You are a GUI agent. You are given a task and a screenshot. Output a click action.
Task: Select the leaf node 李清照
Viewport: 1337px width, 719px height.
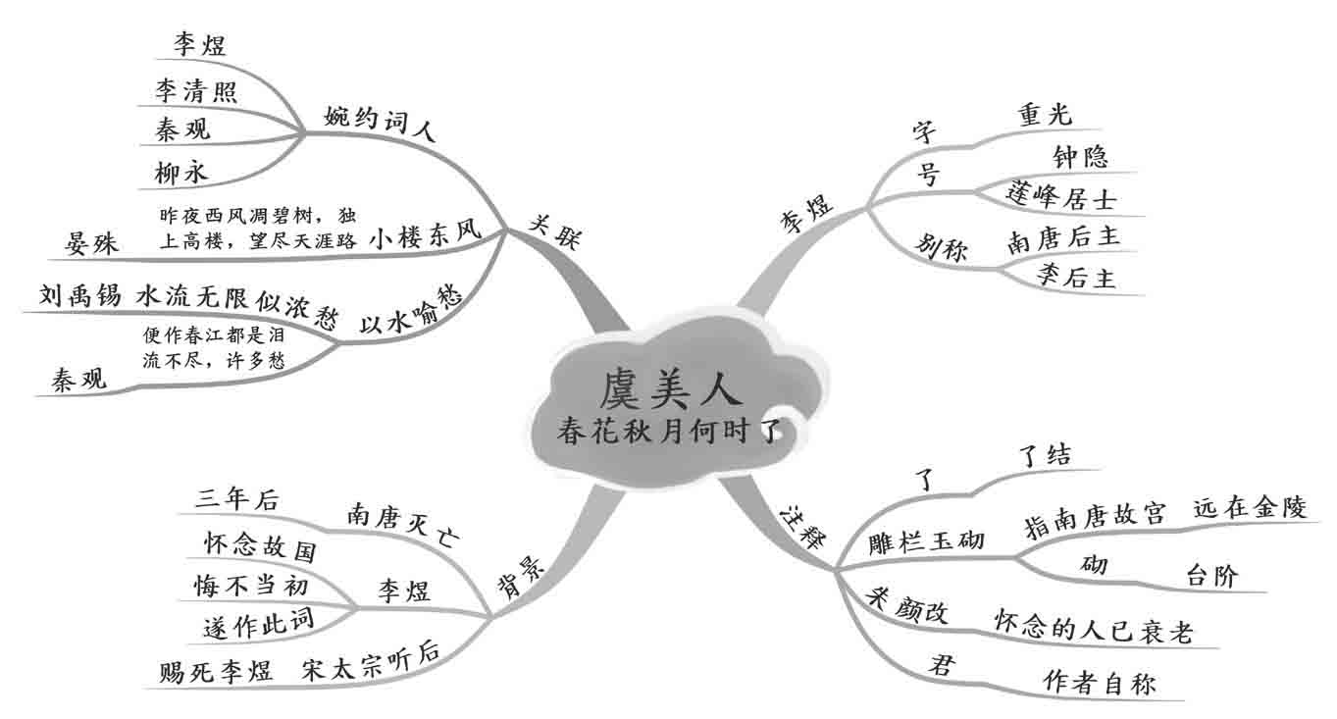tap(196, 93)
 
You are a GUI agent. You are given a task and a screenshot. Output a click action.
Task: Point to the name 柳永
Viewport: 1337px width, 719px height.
tap(181, 174)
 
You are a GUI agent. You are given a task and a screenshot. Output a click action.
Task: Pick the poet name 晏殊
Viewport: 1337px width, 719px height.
tap(91, 242)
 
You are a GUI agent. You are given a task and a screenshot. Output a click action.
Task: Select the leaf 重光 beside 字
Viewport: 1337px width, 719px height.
tap(1047, 115)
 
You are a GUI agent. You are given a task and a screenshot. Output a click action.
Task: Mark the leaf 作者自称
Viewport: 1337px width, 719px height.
tap(1100, 683)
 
